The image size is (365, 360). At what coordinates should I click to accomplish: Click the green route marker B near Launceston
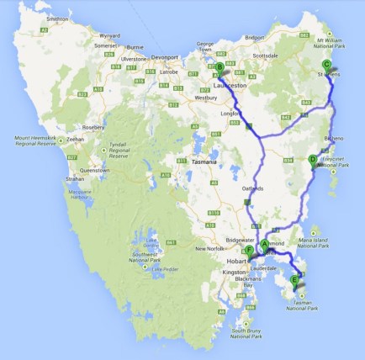[220, 67]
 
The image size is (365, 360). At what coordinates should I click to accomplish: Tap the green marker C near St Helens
[327, 65]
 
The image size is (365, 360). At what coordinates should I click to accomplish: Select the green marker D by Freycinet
[313, 159]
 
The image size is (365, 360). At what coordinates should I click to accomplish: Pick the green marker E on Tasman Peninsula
[294, 280]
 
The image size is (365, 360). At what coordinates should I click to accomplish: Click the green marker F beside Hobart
[250, 251]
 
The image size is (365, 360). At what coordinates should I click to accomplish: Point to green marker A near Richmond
[264, 244]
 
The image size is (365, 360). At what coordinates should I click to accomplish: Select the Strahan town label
[75, 179]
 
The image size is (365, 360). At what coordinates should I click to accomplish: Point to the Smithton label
[58, 17]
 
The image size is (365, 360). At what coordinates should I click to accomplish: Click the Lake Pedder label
[166, 268]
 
